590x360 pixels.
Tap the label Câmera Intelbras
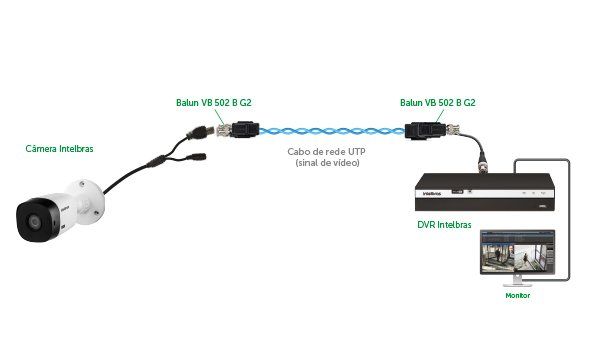click(59, 149)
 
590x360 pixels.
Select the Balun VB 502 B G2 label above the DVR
click(437, 102)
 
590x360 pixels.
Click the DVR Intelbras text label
click(444, 226)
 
